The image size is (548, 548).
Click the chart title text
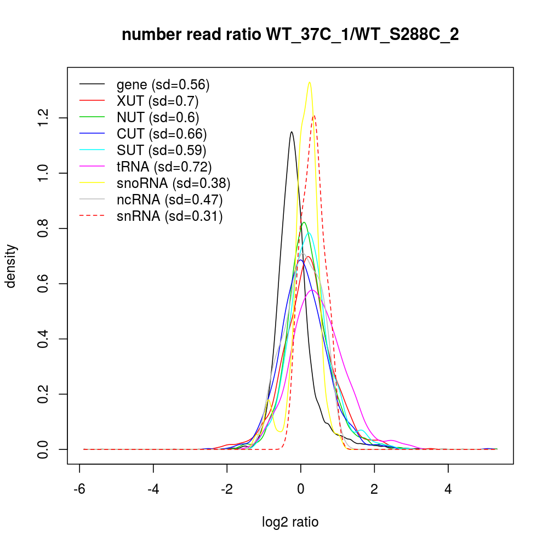[290, 35]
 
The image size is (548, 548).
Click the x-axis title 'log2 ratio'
[290, 522]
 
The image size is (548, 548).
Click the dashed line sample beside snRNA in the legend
[92, 216]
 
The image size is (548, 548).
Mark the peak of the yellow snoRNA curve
[310, 82]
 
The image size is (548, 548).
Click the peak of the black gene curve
[292, 132]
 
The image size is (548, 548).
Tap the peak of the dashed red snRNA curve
[314, 116]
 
